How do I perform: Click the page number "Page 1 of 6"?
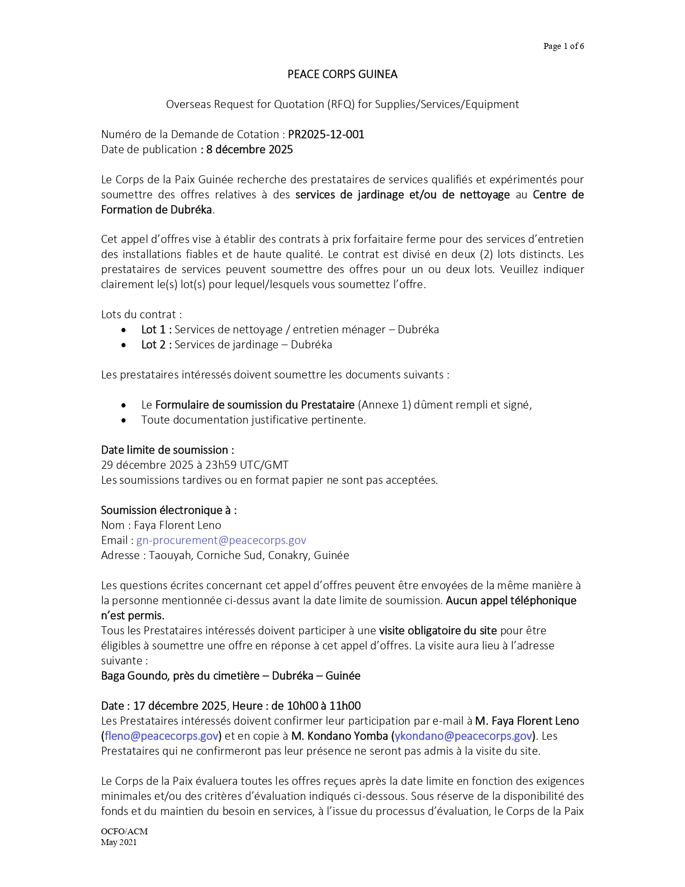563,46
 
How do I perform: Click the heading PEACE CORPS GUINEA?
342,74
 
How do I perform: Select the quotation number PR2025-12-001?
326,134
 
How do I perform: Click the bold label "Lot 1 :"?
156,330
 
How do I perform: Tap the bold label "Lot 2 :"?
156,345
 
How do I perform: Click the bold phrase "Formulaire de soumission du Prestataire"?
255,405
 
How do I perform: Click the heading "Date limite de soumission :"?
167,450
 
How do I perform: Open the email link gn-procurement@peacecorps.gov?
221,540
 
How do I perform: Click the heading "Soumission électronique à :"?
169,510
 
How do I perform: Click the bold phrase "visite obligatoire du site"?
437,631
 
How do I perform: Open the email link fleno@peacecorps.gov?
161,736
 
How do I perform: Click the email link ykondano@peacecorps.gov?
463,736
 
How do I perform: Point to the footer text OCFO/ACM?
124,831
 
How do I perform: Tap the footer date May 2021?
119,842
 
